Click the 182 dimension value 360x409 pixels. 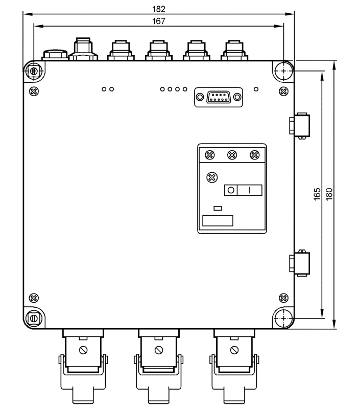coord(159,9)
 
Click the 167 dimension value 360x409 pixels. coord(159,21)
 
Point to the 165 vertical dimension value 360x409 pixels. coord(317,194)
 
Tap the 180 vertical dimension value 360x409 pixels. coord(329,194)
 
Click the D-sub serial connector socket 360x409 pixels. coord(218,97)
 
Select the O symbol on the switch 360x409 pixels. coord(231,190)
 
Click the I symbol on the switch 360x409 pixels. coord(250,190)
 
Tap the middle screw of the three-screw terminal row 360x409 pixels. coord(232,155)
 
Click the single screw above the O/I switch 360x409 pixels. coord(212,177)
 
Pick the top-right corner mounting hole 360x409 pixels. coord(284,71)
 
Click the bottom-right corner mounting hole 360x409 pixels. coord(284,318)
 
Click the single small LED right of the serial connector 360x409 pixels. coord(256,89)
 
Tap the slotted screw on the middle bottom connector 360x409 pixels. coord(159,350)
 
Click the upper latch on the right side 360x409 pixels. coord(300,125)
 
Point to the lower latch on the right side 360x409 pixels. coord(300,263)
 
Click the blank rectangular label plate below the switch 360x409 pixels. coord(218,221)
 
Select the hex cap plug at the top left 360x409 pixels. coord(55,55)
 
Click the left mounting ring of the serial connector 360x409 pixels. coord(200,97)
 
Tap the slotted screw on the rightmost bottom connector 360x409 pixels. coord(234,350)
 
